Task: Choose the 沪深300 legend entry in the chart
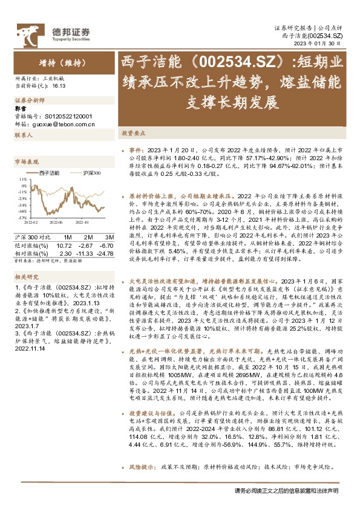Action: click(91, 173)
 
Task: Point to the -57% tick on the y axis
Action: click(22, 218)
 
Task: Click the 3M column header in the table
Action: click(110, 236)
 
